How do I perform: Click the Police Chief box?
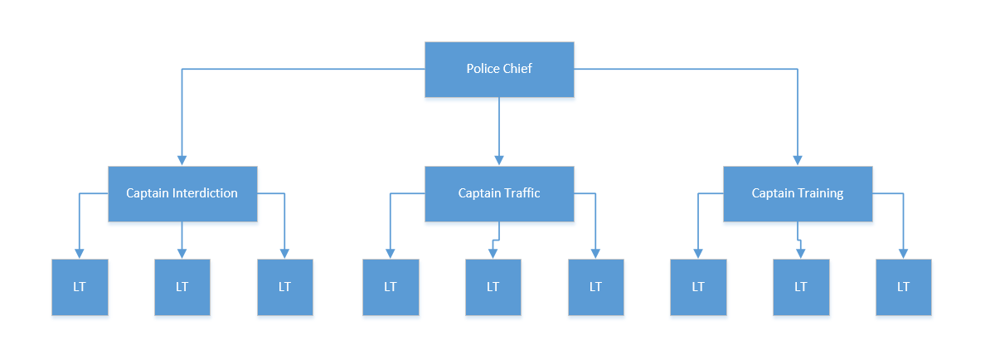point(499,70)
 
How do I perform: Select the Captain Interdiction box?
point(182,194)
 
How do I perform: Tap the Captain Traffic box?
point(499,194)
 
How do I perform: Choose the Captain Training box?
point(798,194)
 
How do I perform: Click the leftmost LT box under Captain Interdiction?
point(80,288)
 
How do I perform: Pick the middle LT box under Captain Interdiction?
point(182,288)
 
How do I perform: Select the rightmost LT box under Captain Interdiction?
point(285,288)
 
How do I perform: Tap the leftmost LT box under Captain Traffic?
point(391,288)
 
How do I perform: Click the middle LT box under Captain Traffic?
point(493,288)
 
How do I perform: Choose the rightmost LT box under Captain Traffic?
point(596,288)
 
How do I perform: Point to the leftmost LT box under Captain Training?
point(698,288)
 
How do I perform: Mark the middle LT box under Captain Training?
point(801,288)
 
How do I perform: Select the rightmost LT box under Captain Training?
point(904,288)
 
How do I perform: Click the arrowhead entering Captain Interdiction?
point(182,160)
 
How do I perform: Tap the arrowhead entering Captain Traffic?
point(499,160)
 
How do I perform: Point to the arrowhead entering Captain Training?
point(798,160)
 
